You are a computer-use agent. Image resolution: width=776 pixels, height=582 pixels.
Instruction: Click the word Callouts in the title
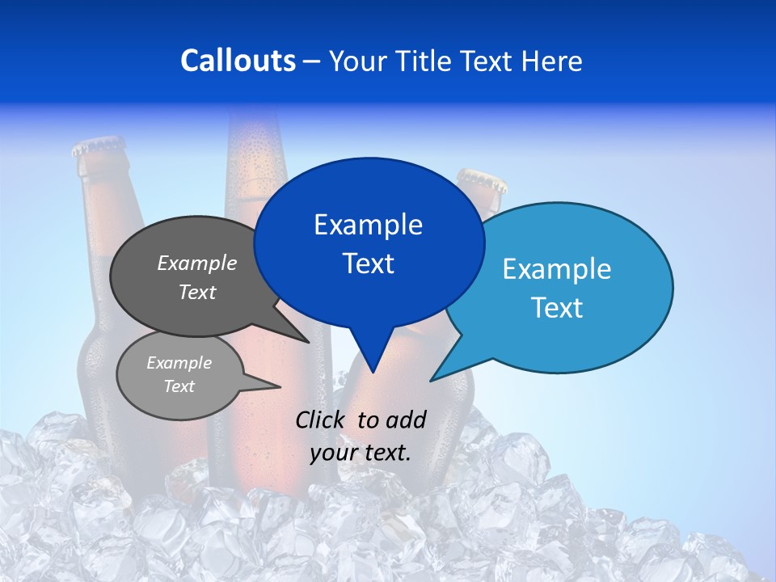pos(238,61)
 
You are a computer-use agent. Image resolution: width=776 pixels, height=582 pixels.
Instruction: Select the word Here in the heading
pos(550,61)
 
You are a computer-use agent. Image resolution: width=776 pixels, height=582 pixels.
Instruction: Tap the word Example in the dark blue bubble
pos(368,225)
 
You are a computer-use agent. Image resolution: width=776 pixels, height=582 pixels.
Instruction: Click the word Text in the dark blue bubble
pos(368,264)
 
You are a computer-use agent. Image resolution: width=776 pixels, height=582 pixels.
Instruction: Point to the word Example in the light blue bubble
pos(557,269)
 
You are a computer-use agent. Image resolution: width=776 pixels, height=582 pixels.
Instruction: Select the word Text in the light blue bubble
pos(557,308)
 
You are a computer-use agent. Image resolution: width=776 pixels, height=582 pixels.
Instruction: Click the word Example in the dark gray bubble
pos(196,263)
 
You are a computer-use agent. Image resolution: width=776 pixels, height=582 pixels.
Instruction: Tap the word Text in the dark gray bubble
pos(196,292)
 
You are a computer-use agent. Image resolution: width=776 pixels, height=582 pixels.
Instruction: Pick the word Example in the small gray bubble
pos(179,363)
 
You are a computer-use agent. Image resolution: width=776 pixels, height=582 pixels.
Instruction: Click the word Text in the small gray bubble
pos(179,386)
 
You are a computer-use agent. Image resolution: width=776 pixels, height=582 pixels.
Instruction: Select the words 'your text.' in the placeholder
pos(361,453)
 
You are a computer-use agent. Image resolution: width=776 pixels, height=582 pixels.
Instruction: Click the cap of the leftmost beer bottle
pos(99,148)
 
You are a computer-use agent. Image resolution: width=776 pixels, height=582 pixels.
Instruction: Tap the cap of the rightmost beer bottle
pos(483,179)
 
